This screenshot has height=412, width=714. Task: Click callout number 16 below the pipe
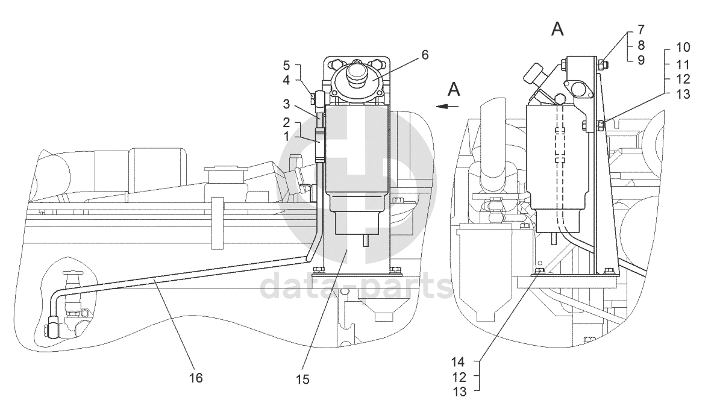pyautogui.click(x=196, y=378)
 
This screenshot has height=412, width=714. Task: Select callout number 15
pyautogui.click(x=302, y=379)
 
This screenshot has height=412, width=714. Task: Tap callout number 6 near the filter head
pyautogui.click(x=425, y=55)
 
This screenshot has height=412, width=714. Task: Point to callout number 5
pyautogui.click(x=286, y=65)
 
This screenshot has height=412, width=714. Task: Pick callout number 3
pyautogui.click(x=286, y=104)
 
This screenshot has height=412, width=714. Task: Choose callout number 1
pyautogui.click(x=286, y=136)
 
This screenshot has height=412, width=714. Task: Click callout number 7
pyautogui.click(x=641, y=30)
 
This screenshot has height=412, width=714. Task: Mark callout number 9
pyautogui.click(x=641, y=60)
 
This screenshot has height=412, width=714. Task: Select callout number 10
pyautogui.click(x=683, y=48)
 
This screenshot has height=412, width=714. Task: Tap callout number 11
pyautogui.click(x=683, y=64)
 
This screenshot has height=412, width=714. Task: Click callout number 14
pyautogui.click(x=458, y=362)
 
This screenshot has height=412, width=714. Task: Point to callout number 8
pyautogui.click(x=641, y=45)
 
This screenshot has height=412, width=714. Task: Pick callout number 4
pyautogui.click(x=286, y=80)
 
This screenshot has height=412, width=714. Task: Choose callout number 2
pyautogui.click(x=286, y=122)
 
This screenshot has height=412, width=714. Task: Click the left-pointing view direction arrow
pyautogui.click(x=446, y=107)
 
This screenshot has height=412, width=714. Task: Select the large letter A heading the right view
pyautogui.click(x=557, y=29)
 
